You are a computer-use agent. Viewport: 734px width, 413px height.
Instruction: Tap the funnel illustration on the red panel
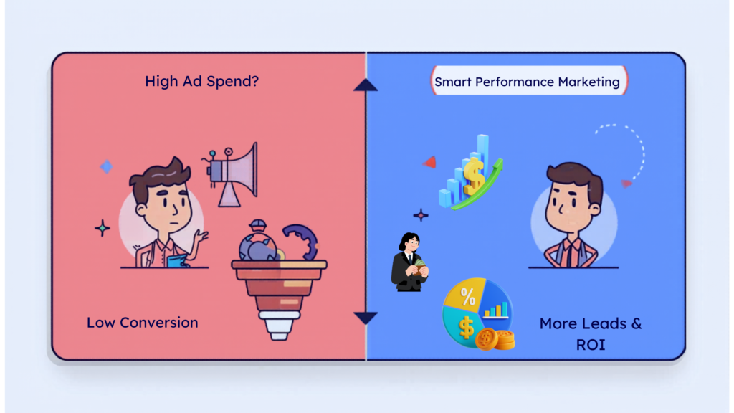tap(279, 290)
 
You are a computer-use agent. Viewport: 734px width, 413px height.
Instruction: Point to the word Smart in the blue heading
tap(452, 82)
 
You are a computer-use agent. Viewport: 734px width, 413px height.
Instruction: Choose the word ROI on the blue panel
tap(591, 345)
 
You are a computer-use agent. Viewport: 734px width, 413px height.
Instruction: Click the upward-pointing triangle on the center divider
tap(366, 85)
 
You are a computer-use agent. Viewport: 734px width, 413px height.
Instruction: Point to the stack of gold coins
tap(495, 338)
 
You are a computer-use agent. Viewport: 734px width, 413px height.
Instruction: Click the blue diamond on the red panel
tap(106, 167)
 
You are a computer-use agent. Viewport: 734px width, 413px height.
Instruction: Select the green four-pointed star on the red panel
tap(103, 229)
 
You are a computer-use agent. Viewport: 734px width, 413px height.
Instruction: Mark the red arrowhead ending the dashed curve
tap(626, 184)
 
